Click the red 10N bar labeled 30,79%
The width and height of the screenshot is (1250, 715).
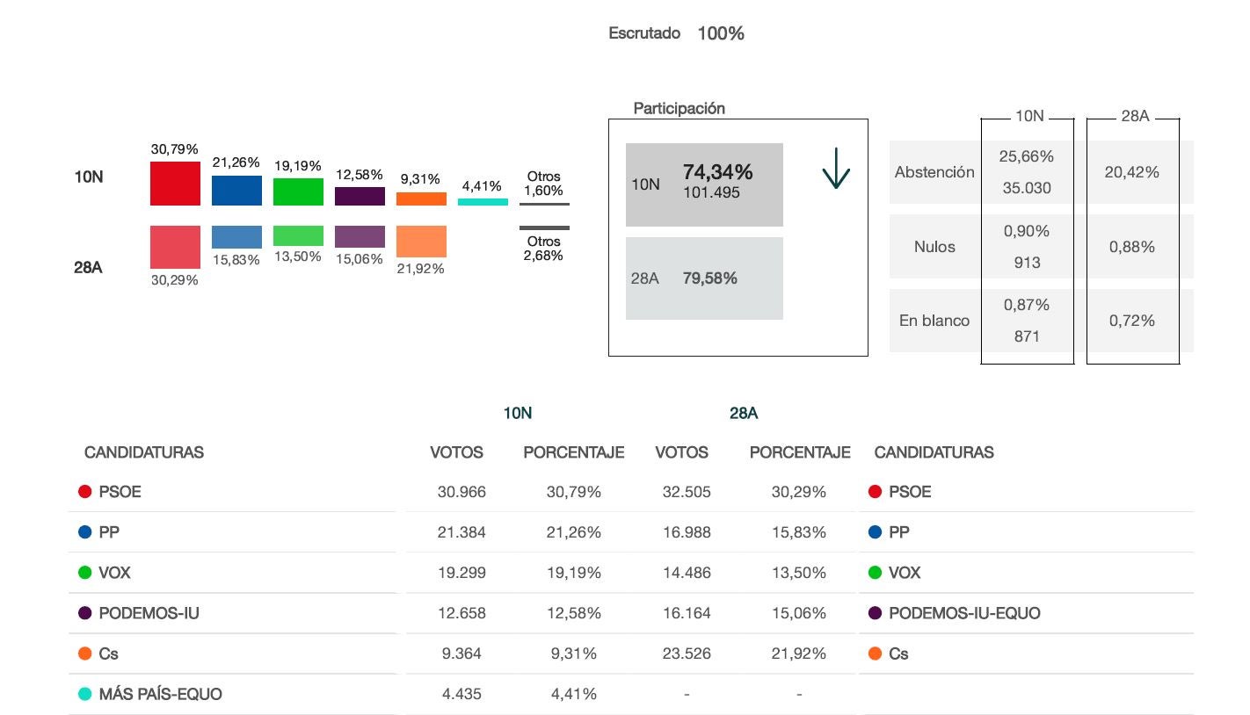point(175,184)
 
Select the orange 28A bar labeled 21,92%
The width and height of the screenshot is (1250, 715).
point(421,242)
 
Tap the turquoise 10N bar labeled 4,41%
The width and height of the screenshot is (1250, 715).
point(483,202)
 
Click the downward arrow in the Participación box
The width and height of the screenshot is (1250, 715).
point(836,170)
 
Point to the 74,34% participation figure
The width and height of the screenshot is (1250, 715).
point(717,172)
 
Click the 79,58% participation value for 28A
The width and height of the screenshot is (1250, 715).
point(709,278)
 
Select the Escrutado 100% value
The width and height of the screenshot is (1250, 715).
point(721,33)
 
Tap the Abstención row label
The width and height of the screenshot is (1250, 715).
point(934,172)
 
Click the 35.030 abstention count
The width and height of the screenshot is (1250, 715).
point(1027,188)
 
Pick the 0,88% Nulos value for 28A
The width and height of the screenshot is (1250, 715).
point(1131,247)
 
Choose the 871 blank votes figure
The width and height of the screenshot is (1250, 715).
point(1027,336)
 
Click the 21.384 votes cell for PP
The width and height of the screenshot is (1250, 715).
point(461,532)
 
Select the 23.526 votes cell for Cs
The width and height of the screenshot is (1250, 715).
point(687,654)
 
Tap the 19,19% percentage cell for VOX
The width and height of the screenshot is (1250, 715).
point(574,573)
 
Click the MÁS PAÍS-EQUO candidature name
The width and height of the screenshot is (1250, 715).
point(160,694)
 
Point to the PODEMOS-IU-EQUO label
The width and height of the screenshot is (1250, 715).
point(964,613)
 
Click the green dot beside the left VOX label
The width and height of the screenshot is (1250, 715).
point(85,573)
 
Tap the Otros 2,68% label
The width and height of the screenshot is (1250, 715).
point(544,249)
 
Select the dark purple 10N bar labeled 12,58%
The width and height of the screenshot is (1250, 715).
point(360,196)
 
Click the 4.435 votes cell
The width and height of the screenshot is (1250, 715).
point(461,694)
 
